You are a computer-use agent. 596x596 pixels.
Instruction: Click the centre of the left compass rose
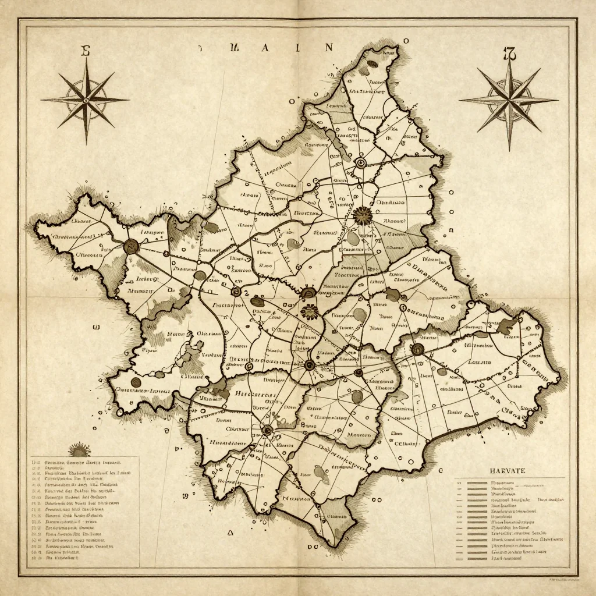coord(86,100)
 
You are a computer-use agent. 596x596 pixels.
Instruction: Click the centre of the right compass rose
coord(509,100)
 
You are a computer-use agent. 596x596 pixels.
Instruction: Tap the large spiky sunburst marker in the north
coord(362,217)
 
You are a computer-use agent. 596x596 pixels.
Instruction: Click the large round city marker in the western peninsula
coord(132,246)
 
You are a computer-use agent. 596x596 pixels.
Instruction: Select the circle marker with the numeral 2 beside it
coord(236,292)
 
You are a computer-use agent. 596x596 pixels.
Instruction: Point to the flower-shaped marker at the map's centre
coord(309,311)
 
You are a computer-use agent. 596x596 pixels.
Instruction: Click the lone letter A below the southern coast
coord(230,532)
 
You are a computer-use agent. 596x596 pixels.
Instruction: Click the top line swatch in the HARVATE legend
coord(477,483)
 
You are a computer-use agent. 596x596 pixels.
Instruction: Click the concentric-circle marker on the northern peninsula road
coord(361,163)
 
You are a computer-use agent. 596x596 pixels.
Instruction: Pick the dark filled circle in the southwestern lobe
coord(136,382)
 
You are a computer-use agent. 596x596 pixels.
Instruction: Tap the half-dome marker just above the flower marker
coord(308,292)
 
